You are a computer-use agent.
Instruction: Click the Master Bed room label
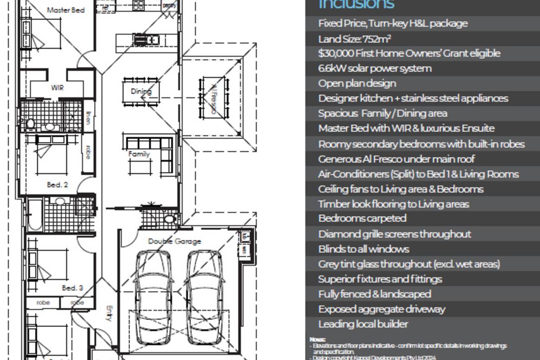[x=66, y=10]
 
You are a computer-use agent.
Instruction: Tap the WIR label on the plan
[x=57, y=87]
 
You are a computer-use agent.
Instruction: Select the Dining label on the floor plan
[x=141, y=91]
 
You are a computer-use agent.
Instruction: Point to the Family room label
[x=139, y=154]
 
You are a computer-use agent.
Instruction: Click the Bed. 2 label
[x=57, y=185]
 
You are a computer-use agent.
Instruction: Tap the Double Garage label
[x=175, y=241]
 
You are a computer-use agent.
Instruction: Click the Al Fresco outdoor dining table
[x=214, y=98]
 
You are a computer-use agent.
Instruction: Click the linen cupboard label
[x=88, y=117]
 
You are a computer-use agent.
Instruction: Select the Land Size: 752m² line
[x=354, y=39]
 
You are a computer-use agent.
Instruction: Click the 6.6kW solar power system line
[x=375, y=68]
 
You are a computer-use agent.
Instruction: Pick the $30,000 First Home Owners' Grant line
[x=409, y=53]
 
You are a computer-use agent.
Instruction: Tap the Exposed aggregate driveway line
[x=382, y=309]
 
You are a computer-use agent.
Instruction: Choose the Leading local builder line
[x=363, y=324]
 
